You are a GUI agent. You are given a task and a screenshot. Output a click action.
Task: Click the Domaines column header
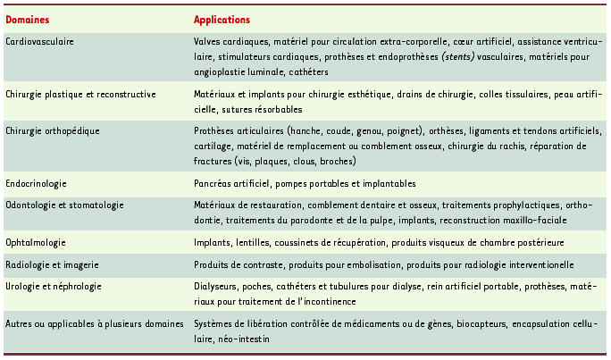[x=28, y=20]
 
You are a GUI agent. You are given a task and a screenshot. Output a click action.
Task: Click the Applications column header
[x=222, y=20]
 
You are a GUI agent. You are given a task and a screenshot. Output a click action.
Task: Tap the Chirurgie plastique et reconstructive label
[x=81, y=94]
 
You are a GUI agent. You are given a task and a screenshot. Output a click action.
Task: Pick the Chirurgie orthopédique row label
[x=52, y=131]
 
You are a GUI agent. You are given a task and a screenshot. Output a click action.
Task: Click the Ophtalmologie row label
[x=37, y=242]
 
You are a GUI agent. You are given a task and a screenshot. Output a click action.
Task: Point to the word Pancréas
[x=214, y=183]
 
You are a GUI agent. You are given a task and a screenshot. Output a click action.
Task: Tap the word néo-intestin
[x=247, y=339]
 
